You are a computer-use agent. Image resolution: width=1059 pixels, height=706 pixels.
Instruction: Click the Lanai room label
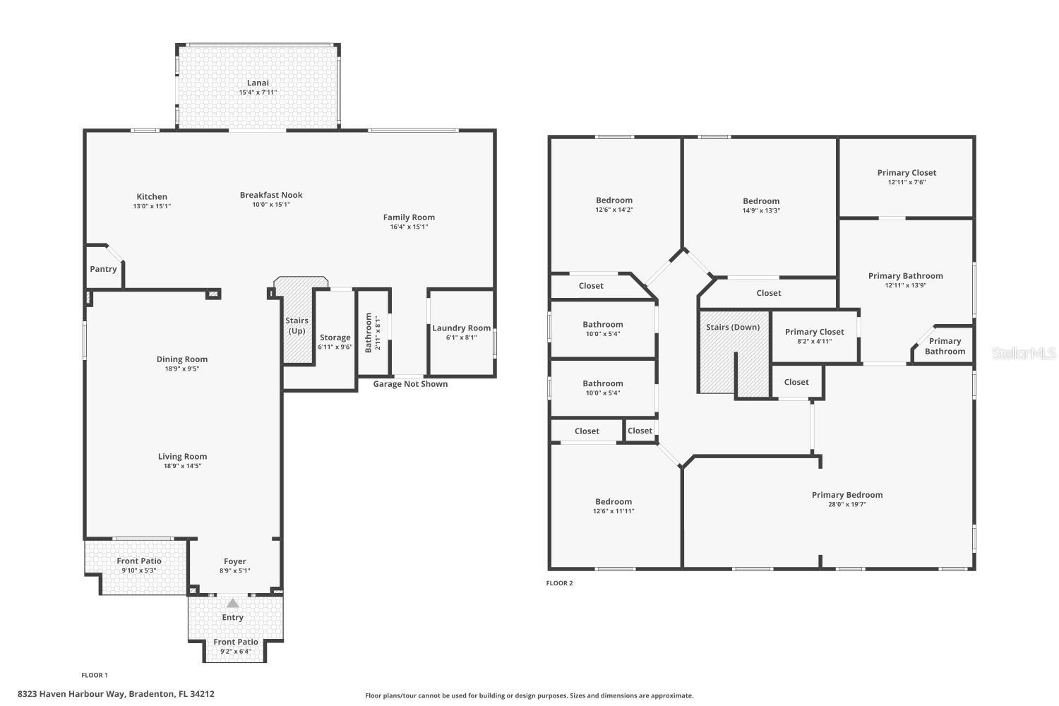pos(258,83)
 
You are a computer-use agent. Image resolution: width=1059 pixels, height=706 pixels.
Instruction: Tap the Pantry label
pos(103,269)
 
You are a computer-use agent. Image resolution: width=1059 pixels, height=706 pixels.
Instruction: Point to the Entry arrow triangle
pos(233,603)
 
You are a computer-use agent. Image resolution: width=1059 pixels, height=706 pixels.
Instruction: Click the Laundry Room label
pos(461,328)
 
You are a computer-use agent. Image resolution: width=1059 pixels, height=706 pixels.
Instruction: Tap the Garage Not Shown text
pos(410,384)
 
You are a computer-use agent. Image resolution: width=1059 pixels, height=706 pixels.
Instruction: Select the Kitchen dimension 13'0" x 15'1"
pos(152,206)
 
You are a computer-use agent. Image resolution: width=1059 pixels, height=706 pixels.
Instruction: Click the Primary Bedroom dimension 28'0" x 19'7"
pos(847,504)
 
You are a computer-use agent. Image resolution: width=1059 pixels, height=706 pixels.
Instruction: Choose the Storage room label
pos(335,337)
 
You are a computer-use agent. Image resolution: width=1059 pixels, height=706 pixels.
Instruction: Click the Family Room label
pos(409,217)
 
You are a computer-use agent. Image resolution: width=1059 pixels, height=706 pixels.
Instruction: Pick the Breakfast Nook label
pos(271,195)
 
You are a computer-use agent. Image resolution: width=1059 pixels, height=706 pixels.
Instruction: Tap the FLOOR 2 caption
pos(559,583)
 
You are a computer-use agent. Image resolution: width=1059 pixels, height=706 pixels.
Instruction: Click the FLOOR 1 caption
pos(95,675)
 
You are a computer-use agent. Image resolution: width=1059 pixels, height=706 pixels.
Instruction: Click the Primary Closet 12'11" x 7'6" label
pos(907,172)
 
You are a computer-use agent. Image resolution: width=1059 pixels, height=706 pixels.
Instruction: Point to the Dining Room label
pos(182,359)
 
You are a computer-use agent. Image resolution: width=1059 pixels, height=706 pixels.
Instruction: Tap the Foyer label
pos(234,561)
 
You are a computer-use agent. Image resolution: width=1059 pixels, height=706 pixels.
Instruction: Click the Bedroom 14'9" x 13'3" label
pos(761,201)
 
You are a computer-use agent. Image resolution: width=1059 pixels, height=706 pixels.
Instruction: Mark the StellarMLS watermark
pos(1024,353)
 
